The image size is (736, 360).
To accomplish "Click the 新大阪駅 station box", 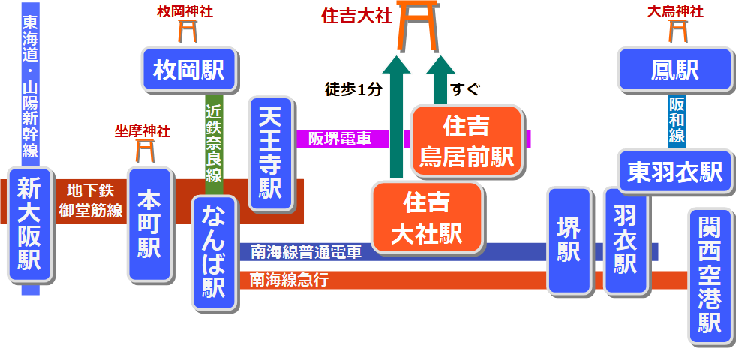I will point(29,224).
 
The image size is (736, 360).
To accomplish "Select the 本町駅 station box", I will point(149,224).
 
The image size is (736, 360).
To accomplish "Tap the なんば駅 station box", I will point(215,254).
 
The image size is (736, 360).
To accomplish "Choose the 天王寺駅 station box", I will point(270,153).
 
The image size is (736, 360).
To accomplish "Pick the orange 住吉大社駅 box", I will point(427,217).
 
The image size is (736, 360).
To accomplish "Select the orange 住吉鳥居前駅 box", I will point(466,142).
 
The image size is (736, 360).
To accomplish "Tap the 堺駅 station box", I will point(569,240).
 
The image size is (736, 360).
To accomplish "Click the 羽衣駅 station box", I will point(625,240).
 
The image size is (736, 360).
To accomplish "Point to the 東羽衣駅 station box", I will point(674,172).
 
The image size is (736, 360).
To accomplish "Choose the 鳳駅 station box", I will point(674,70).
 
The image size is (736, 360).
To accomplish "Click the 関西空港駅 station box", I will point(710,277).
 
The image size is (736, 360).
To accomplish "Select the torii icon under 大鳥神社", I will point(677,30).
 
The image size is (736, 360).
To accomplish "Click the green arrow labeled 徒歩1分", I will point(397,120).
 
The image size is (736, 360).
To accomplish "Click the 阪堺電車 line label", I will point(339,139).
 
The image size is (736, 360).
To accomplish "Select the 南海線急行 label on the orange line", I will point(289,280).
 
